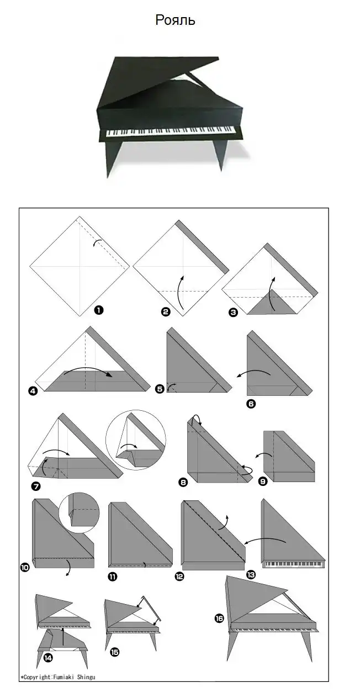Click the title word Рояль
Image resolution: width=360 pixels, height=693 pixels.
(175, 20)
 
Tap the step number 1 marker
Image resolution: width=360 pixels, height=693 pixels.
(99, 310)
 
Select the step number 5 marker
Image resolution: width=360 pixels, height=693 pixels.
(160, 389)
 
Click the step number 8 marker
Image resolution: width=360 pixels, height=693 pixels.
(183, 482)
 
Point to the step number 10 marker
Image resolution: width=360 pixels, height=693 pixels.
(25, 567)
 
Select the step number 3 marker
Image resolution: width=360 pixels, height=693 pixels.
(233, 313)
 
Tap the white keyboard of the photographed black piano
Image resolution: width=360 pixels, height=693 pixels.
(170, 131)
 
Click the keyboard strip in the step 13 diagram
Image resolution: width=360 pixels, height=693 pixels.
(293, 564)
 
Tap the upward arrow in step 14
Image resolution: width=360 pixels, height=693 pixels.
(63, 638)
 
